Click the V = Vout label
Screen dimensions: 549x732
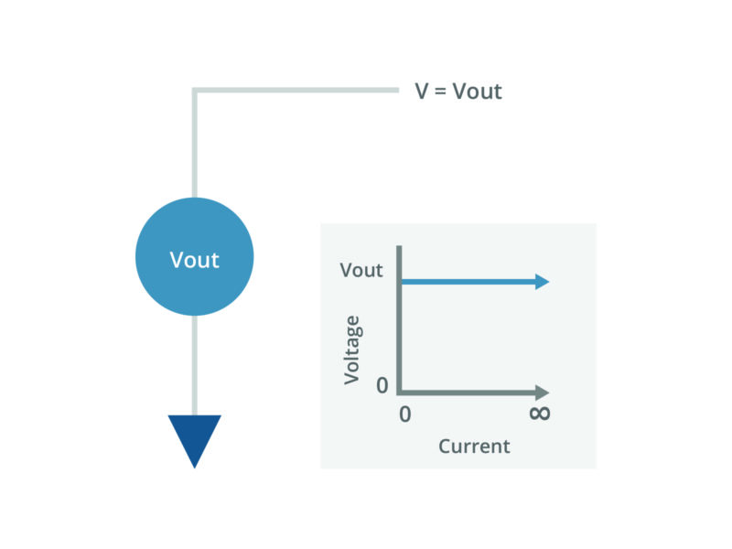coord(458,92)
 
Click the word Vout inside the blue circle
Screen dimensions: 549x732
coord(195,260)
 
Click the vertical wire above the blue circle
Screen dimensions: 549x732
coord(195,146)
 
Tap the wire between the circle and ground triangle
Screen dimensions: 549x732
coord(195,366)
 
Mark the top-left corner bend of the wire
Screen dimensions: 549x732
coord(195,91)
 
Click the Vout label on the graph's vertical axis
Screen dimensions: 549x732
coord(361,271)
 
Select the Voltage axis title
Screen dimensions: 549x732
coord(352,350)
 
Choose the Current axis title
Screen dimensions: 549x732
coord(473,447)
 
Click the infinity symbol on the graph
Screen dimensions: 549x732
coord(540,414)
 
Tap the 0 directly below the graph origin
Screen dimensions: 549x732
coord(405,414)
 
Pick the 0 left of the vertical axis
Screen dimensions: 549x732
coord(382,386)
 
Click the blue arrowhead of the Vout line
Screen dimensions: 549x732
coord(543,282)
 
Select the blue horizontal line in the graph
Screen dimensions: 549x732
coord(467,282)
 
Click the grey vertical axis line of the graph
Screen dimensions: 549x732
coord(399,320)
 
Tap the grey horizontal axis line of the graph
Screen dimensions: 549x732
coord(467,392)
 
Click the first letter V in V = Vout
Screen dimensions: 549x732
coord(422,92)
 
